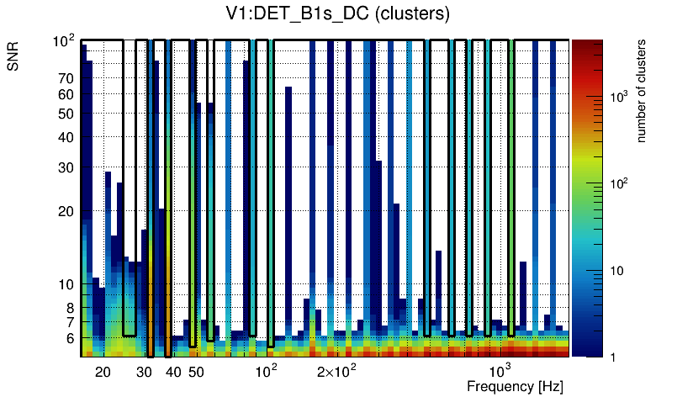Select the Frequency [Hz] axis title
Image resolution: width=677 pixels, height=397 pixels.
[x=515, y=386]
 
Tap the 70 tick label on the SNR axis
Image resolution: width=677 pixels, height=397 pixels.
[x=66, y=78]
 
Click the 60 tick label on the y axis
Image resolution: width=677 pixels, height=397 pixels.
[x=66, y=94]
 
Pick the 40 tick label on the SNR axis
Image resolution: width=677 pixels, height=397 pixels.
[x=66, y=137]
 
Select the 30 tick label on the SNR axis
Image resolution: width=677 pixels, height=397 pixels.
[x=66, y=167]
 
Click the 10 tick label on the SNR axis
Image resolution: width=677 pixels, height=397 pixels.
[x=66, y=284]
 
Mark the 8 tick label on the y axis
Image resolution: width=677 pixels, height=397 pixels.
[x=69, y=308]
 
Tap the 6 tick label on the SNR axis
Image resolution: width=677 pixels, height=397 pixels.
[x=69, y=338]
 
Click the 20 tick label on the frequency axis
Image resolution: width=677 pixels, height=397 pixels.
[x=103, y=372]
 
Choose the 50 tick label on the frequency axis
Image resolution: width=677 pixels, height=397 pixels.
[x=195, y=372]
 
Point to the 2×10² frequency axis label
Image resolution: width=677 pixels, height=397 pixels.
[x=337, y=371]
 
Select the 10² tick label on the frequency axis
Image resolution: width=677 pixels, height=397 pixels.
[x=266, y=370]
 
